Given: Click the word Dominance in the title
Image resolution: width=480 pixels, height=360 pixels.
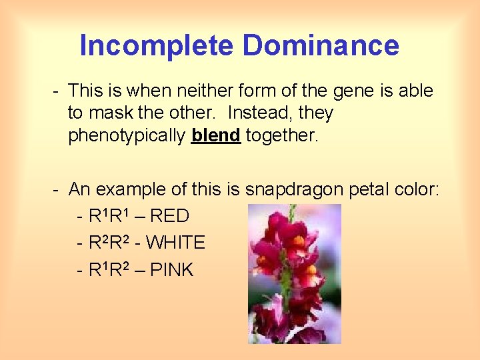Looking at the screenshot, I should [321, 46].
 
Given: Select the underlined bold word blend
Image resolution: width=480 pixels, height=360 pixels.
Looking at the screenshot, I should [215, 135].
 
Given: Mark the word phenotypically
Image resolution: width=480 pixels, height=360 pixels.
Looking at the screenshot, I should [127, 136].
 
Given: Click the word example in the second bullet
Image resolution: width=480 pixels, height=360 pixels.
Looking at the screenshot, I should [131, 190].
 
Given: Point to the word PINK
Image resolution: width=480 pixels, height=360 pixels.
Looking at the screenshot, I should [171, 270].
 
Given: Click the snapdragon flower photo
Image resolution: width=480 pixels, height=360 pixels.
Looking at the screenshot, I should [294, 273].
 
